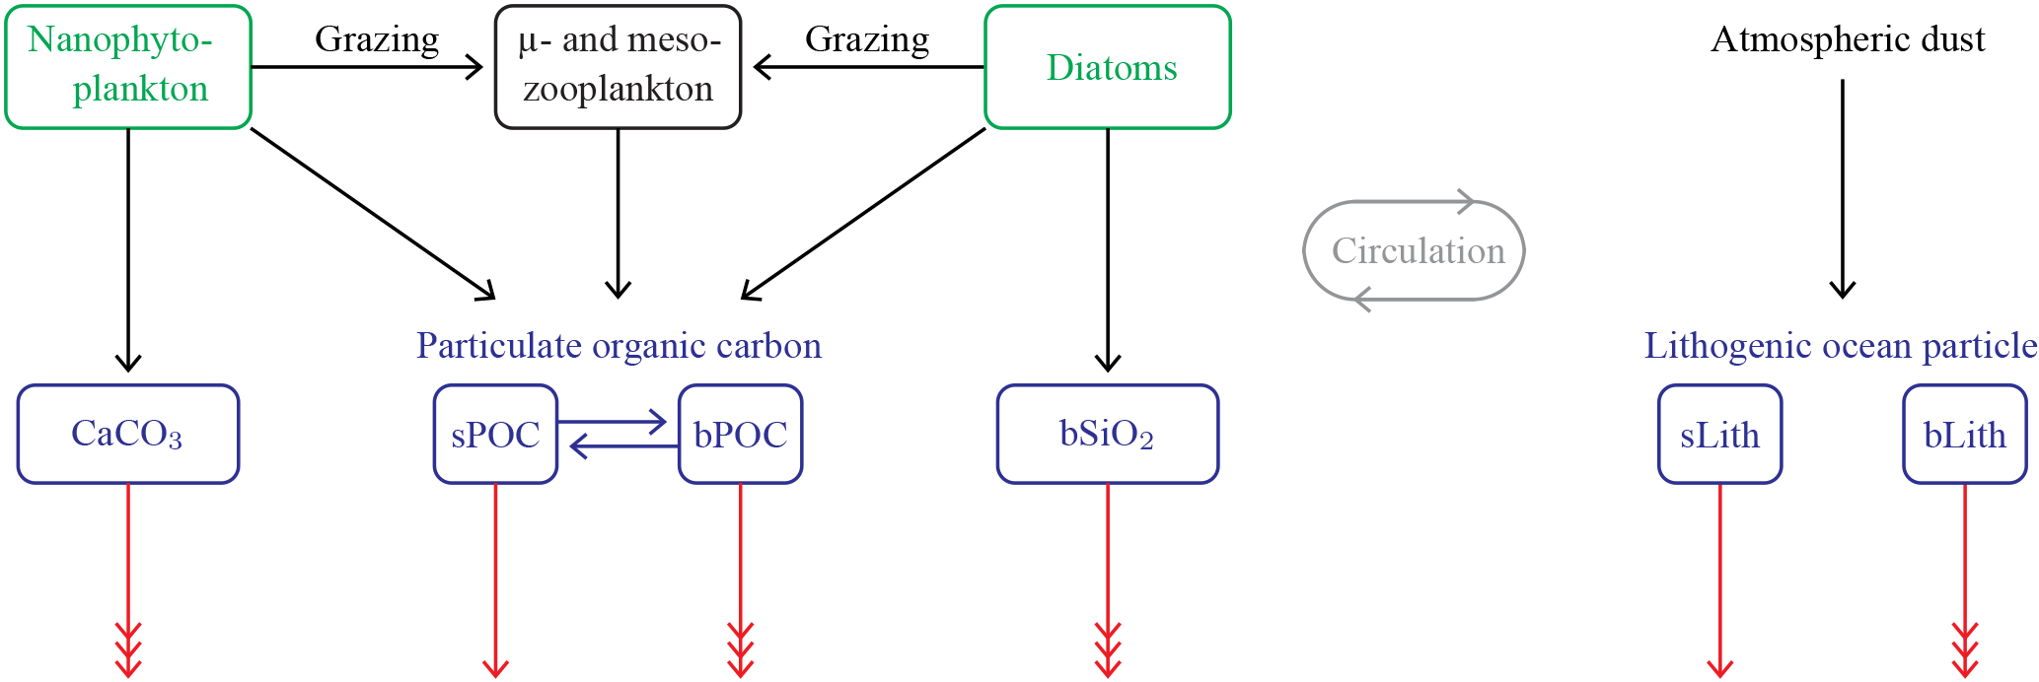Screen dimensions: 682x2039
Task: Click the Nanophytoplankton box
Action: [128, 67]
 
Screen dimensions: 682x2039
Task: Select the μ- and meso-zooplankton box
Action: [618, 67]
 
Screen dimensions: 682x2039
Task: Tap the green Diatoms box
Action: [1108, 67]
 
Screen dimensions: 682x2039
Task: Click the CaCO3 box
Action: [128, 434]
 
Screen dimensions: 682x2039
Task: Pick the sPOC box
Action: [495, 434]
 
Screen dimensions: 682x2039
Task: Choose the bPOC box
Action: [740, 434]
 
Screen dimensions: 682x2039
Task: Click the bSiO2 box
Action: [1108, 434]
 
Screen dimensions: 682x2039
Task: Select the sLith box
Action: [1719, 434]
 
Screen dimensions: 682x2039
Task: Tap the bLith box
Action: [1964, 434]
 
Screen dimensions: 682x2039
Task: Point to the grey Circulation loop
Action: [1415, 250]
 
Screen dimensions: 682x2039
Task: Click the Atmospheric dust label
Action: [1848, 39]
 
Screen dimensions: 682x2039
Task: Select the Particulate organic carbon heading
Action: [619, 346]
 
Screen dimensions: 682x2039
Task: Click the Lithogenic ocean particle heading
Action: [1840, 346]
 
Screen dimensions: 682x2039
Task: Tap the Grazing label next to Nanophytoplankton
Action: [377, 39]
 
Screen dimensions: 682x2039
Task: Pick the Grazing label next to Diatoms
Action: [867, 39]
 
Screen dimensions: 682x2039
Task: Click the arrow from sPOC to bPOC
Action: [614, 422]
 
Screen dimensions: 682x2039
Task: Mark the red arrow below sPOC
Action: [495, 581]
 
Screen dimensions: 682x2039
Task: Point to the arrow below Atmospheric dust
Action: [1843, 187]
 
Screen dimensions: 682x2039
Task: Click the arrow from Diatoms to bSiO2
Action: [1108, 246]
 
